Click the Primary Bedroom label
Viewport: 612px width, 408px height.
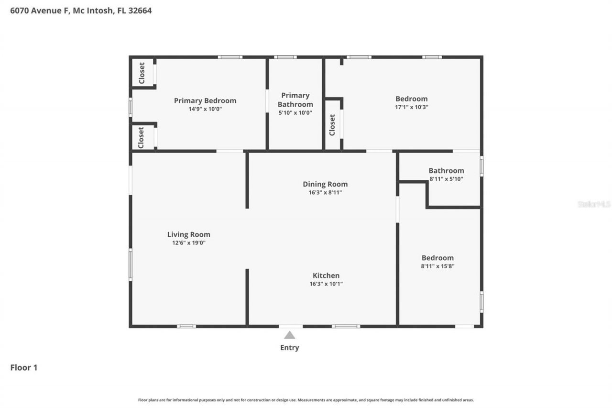coord(205,100)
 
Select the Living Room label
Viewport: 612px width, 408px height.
coord(188,234)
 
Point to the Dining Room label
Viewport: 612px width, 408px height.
coord(325,184)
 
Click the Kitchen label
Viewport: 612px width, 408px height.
coord(326,276)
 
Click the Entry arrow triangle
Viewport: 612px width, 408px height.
coord(290,335)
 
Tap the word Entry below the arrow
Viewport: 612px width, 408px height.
coord(290,348)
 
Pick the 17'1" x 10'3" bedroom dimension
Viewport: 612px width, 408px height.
coord(411,107)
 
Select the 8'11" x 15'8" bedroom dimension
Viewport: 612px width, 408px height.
coord(437,266)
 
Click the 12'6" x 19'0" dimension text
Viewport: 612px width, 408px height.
coord(188,243)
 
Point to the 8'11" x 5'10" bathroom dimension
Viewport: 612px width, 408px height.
coord(446,179)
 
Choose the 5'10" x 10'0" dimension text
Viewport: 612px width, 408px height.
coord(295,113)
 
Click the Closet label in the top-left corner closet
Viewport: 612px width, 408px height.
coord(142,73)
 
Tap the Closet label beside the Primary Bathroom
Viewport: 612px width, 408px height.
coord(332,125)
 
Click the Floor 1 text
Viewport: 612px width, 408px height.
coord(24,367)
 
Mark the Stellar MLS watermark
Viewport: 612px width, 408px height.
coord(594,204)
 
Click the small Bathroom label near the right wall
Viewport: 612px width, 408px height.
coord(446,171)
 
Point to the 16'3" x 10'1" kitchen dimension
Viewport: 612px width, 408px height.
coord(326,284)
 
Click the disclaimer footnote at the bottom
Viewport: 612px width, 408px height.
coord(306,400)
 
